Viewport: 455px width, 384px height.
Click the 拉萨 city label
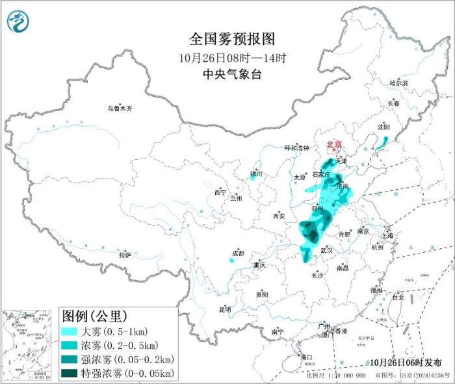click(x=125, y=255)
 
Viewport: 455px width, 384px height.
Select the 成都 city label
click(x=239, y=253)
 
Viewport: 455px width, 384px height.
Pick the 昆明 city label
click(x=224, y=309)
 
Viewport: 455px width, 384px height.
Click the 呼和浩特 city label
click(x=298, y=147)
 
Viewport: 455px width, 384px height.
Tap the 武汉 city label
click(x=326, y=250)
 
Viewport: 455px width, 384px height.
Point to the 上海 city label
click(x=389, y=235)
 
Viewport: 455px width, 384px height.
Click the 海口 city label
click(x=305, y=357)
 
